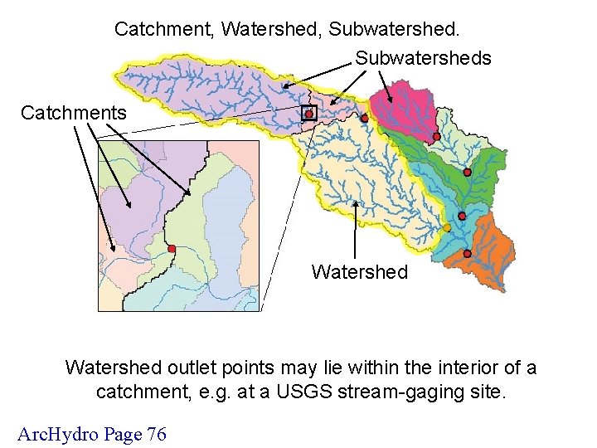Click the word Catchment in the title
pyautogui.click(x=163, y=29)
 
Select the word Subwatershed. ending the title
pyautogui.click(x=394, y=29)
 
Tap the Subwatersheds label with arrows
pyautogui.click(x=423, y=58)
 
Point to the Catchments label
pyautogui.click(x=74, y=112)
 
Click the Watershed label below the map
pyautogui.click(x=359, y=272)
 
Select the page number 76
pyautogui.click(x=156, y=433)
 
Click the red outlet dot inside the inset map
pyautogui.click(x=172, y=249)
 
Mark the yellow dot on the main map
pyautogui.click(x=447, y=227)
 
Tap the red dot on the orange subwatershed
pyautogui.click(x=467, y=252)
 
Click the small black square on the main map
pyautogui.click(x=308, y=114)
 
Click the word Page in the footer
pyautogui.click(x=116, y=433)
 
